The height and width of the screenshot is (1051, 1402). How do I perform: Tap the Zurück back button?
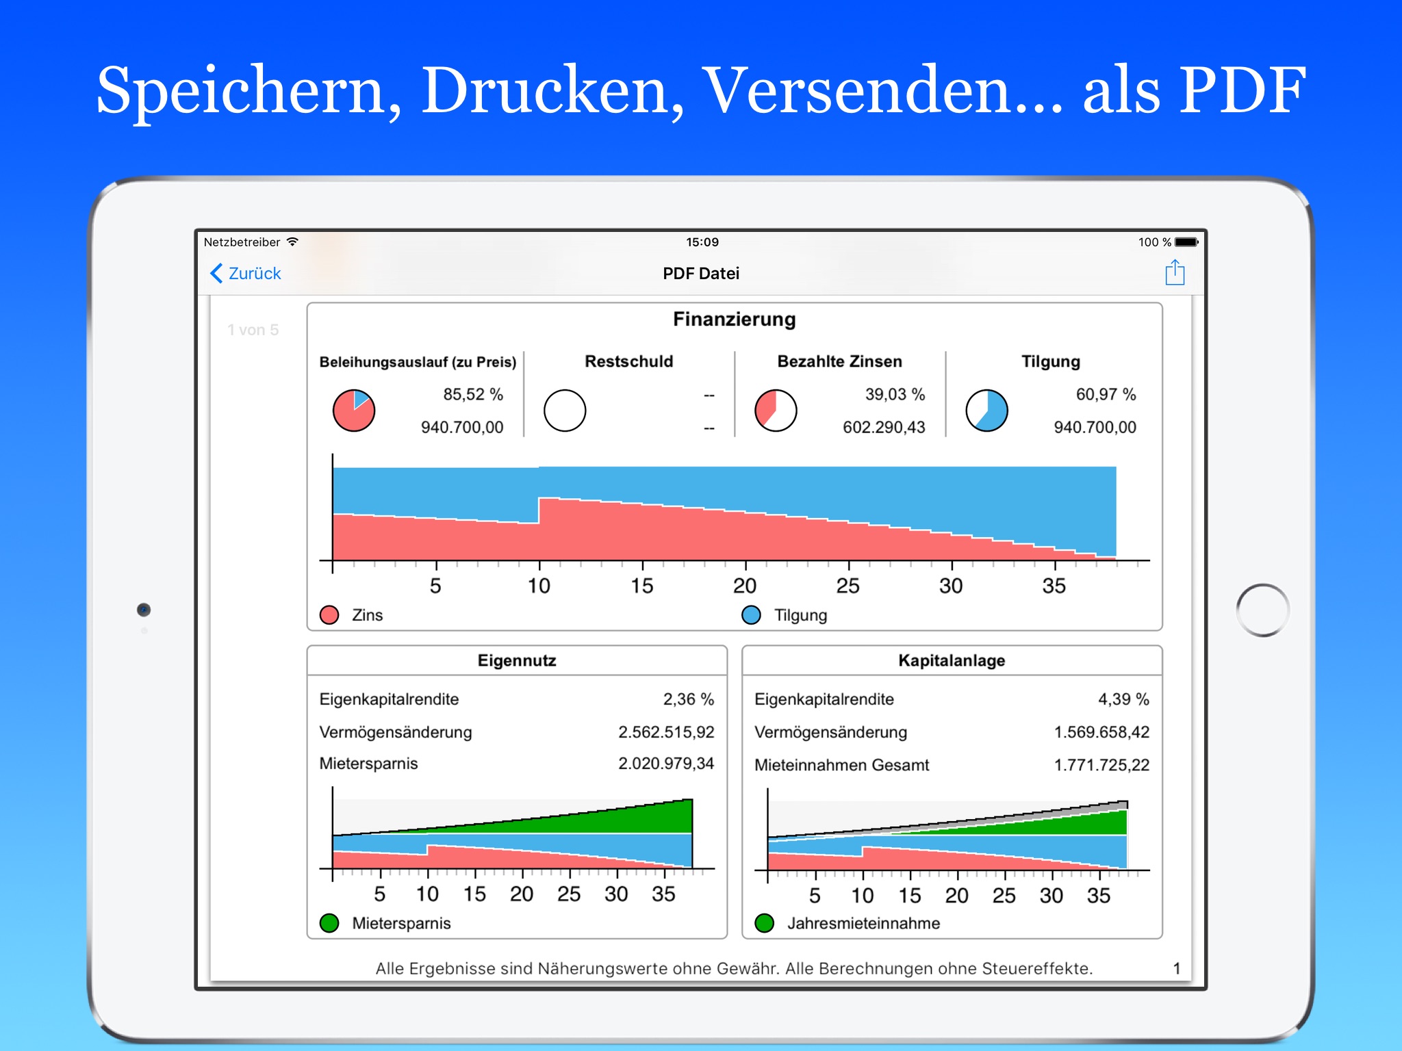(246, 274)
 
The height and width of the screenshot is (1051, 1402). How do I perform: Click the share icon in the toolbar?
(1175, 272)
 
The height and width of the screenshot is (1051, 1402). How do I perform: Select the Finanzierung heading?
(734, 320)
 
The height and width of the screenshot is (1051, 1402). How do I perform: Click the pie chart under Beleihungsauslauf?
(354, 411)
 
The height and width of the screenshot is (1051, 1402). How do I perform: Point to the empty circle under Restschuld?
(565, 411)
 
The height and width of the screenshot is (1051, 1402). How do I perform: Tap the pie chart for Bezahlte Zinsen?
(776, 411)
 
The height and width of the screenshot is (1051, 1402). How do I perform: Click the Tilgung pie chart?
(986, 411)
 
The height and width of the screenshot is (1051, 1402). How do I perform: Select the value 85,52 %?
(472, 395)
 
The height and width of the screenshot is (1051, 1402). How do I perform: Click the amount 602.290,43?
(883, 428)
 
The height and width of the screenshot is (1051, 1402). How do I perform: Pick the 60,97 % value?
(1105, 395)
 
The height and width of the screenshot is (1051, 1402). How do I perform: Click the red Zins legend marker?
(329, 615)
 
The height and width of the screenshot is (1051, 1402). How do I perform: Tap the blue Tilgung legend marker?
(751, 615)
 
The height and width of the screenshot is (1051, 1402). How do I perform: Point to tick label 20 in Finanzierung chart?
(745, 586)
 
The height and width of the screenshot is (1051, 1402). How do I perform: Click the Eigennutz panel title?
(517, 661)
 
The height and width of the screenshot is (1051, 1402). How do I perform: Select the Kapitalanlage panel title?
(952, 661)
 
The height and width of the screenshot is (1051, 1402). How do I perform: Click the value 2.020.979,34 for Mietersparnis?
(665, 764)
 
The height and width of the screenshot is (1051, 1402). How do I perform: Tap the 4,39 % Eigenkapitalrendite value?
(1123, 699)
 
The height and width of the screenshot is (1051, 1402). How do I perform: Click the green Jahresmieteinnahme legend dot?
(765, 923)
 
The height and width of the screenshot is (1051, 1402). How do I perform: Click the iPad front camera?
(144, 610)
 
